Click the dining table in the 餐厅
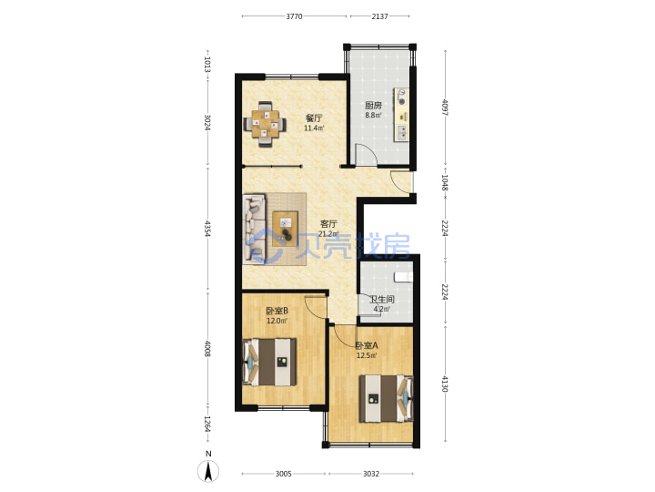[266, 124]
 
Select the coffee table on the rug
[285, 229]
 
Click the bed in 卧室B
[270, 362]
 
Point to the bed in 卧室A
[387, 398]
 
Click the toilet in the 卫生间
[403, 277]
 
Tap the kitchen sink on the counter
[402, 133]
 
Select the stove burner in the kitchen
[402, 101]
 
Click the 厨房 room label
[373, 105]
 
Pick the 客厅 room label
[328, 224]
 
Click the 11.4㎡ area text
[314, 128]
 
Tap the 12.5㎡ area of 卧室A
[367, 355]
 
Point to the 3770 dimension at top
[294, 16]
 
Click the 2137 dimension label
[379, 16]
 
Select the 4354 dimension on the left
[207, 229]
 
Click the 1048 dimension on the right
[445, 183]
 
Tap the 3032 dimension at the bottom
[371, 474]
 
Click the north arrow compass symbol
[208, 470]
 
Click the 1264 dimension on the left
[207, 424]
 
